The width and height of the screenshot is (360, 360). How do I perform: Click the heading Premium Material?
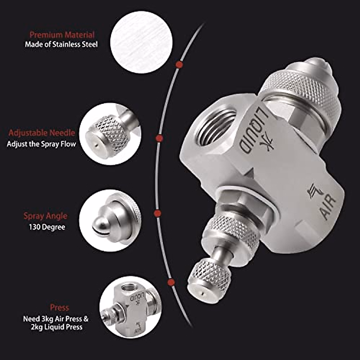tap(62, 34)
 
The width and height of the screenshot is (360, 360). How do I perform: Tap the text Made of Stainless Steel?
tap(61, 45)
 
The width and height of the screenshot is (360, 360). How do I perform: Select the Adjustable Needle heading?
tap(41, 133)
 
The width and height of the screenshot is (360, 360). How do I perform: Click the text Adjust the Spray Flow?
tap(41, 144)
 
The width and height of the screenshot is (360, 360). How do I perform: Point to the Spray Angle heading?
tap(45, 216)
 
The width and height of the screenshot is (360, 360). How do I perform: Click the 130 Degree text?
tap(47, 227)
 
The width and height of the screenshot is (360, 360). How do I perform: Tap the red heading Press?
tap(59, 307)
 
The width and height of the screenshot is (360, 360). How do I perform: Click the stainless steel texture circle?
tap(141, 42)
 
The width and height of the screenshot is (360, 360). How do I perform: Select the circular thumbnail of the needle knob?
tap(110, 134)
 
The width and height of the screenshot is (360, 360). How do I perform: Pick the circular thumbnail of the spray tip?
tap(110, 220)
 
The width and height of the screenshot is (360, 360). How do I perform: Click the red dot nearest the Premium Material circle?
tap(179, 64)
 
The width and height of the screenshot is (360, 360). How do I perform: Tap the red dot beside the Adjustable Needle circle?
tap(159, 138)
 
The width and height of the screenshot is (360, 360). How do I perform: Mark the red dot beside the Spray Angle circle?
tap(157, 213)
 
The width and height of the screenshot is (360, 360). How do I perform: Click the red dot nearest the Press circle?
tap(171, 282)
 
